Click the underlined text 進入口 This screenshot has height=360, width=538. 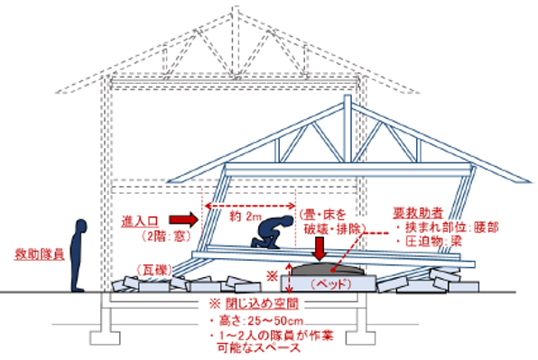pyautogui.click(x=142, y=220)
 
